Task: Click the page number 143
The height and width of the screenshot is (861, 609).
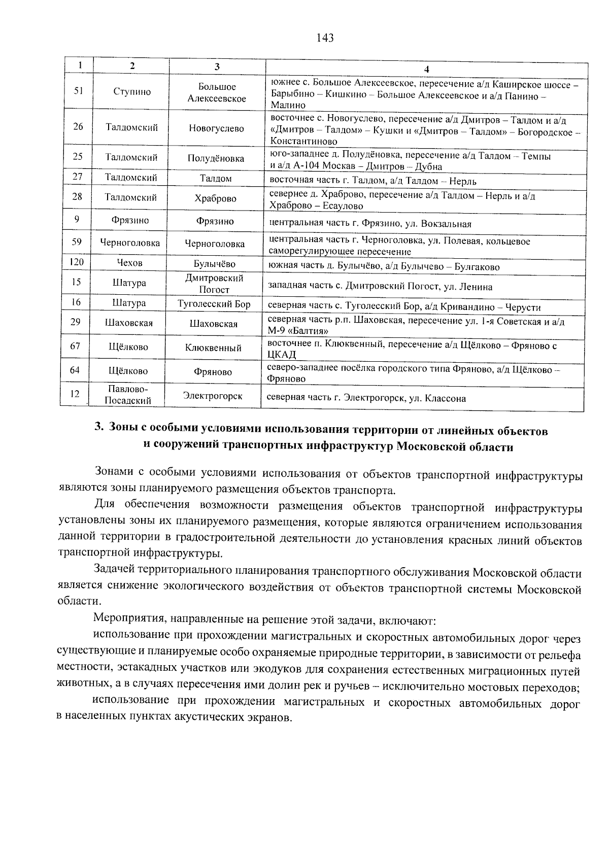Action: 324,38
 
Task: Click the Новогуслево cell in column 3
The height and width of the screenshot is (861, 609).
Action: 216,128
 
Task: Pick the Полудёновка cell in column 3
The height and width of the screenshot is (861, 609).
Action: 216,158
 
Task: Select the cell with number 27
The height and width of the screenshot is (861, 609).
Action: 78,177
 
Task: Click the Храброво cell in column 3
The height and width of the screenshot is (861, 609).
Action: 216,199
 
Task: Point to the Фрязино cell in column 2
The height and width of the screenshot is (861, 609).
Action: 130,220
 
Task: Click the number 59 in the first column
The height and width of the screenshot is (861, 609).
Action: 77,242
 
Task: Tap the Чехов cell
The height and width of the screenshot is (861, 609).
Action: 130,263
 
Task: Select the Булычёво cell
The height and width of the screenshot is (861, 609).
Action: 215,264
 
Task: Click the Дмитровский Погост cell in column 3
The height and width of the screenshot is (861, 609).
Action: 214,284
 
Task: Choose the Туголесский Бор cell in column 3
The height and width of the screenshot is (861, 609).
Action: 214,304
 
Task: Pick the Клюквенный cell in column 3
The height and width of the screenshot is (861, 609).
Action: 213,348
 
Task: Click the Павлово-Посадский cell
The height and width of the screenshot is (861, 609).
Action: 128,395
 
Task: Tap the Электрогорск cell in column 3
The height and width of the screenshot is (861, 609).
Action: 213,396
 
